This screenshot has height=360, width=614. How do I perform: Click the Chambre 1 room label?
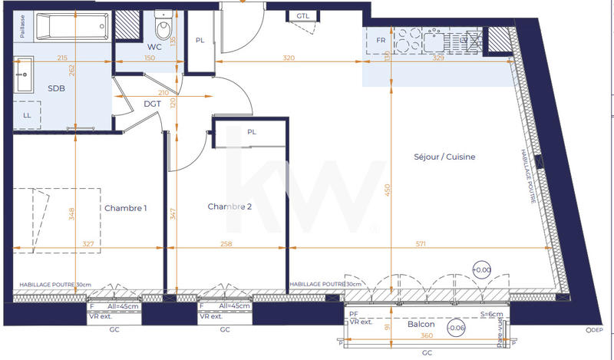point(125,208)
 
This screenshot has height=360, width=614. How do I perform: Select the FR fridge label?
point(380,41)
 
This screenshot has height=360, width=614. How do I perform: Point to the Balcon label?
point(421,325)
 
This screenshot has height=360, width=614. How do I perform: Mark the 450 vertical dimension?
point(388,190)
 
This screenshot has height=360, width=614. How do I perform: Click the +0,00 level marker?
point(482,270)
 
